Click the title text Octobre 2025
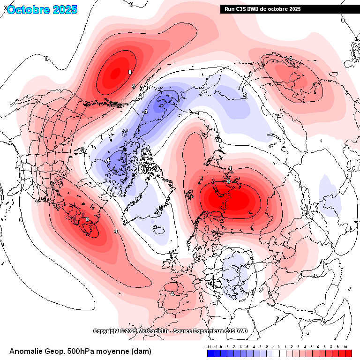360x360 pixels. pyautogui.click(x=42, y=10)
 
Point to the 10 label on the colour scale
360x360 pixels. pyautogui.click(x=345, y=346)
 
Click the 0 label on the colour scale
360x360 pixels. pyautogui.click(x=277, y=346)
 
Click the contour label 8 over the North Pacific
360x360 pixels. pyautogui.click(x=129, y=72)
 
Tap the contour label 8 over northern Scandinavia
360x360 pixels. pyautogui.click(x=228, y=181)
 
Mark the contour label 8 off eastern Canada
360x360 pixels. pyautogui.click(x=87, y=219)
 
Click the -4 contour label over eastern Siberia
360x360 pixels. pyautogui.click(x=145, y=112)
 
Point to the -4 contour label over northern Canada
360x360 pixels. pyautogui.click(x=108, y=160)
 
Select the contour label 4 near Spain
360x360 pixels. pyautogui.click(x=172, y=294)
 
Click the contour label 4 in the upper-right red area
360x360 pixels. pyautogui.click(x=290, y=58)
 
